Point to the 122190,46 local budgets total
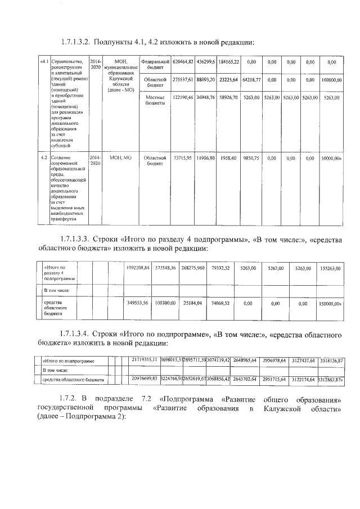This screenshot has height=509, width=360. (183, 97)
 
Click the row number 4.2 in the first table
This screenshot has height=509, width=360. (44, 158)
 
